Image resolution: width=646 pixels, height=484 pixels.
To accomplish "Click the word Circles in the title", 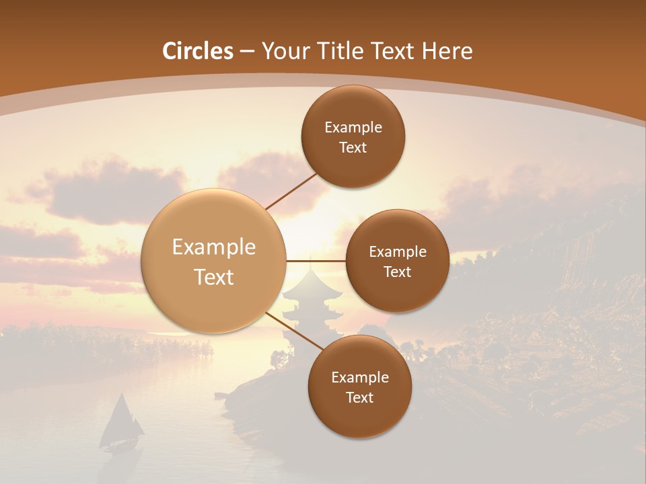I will pyautogui.click(x=198, y=51).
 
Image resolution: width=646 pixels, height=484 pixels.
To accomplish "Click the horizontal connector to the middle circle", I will pyautogui.click(x=316, y=261).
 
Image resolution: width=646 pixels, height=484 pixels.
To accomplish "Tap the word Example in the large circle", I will pyautogui.click(x=213, y=247).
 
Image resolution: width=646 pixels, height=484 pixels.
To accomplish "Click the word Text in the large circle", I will pyautogui.click(x=213, y=277).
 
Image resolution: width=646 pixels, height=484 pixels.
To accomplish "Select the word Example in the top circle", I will pyautogui.click(x=353, y=128).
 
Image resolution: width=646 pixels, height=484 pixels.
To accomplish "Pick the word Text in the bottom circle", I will pyautogui.click(x=359, y=397).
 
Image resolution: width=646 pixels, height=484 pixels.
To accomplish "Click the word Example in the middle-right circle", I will pyautogui.click(x=398, y=252).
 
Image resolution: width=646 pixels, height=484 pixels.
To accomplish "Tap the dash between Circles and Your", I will pyautogui.click(x=247, y=51).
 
